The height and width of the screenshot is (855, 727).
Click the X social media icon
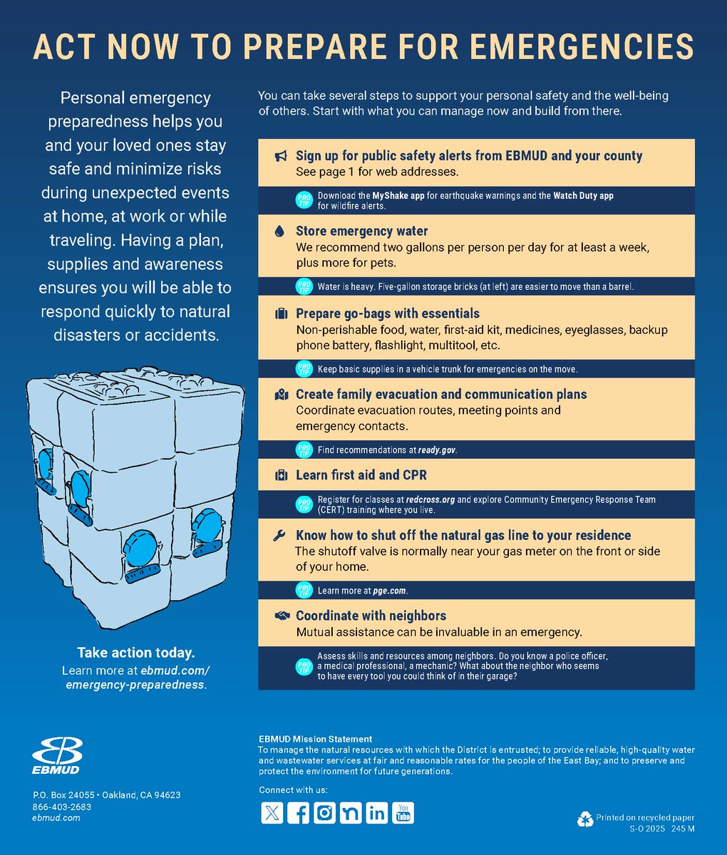(271, 813)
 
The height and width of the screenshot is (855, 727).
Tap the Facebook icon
(298, 813)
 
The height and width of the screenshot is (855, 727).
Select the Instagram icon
(324, 813)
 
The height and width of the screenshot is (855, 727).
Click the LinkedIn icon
(376, 813)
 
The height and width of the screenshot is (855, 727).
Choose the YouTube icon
(403, 813)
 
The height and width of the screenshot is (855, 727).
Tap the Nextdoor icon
(350, 813)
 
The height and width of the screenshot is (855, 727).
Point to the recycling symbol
(585, 820)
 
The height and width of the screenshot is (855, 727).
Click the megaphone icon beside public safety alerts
(281, 157)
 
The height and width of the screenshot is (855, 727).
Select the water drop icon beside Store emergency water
(280, 232)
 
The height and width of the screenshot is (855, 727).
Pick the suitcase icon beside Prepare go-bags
(281, 314)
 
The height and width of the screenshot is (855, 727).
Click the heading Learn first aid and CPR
(361, 475)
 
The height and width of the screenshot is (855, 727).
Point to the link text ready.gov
(437, 450)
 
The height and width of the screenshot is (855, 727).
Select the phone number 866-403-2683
(62, 807)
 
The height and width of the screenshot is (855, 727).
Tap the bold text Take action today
(135, 653)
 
